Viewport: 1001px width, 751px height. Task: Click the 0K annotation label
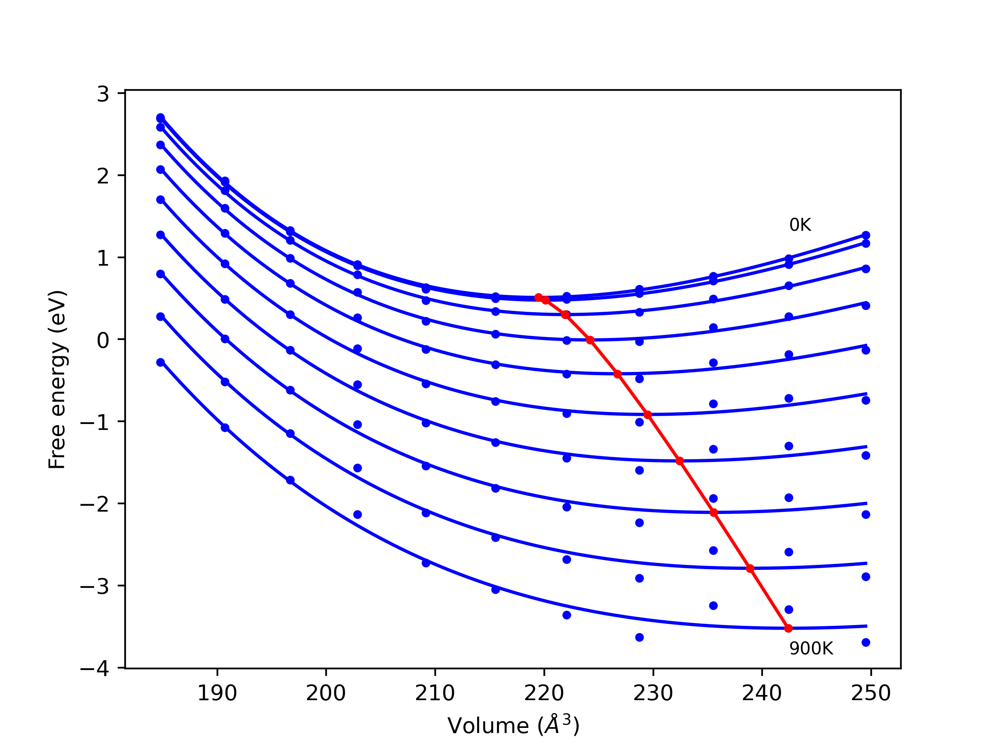click(800, 225)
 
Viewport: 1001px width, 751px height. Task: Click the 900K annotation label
click(811, 649)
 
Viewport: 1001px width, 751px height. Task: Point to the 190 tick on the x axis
click(217, 693)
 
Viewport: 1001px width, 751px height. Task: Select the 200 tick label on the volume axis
click(326, 693)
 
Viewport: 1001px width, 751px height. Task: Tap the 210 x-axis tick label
click(435, 693)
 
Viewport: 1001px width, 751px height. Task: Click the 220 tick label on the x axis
click(544, 693)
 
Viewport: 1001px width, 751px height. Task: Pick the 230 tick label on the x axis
click(653, 693)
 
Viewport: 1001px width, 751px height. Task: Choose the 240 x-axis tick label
click(762, 693)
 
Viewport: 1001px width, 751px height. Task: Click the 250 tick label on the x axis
click(871, 693)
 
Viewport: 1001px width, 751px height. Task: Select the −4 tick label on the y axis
click(95, 668)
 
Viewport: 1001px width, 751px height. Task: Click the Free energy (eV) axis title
click(57, 379)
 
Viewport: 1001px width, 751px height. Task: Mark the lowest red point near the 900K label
click(788, 628)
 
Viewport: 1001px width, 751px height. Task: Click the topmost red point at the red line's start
click(538, 297)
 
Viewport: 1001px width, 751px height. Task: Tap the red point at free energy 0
click(590, 340)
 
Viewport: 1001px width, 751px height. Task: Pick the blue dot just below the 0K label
click(789, 259)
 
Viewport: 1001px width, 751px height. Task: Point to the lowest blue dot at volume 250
click(866, 642)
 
